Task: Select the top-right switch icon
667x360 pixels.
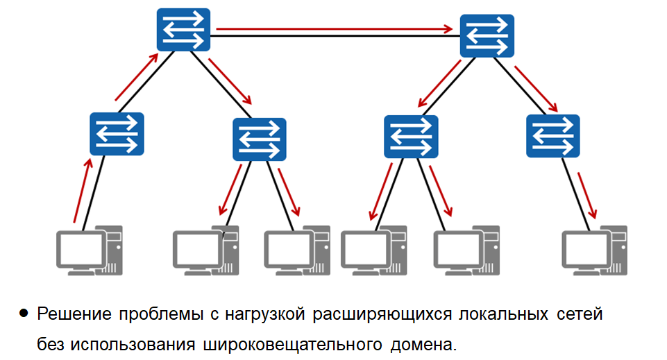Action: (x=487, y=35)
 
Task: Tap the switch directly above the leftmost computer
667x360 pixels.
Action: (x=117, y=133)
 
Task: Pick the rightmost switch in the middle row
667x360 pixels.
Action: (x=553, y=135)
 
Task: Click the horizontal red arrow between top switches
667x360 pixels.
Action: (x=333, y=29)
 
